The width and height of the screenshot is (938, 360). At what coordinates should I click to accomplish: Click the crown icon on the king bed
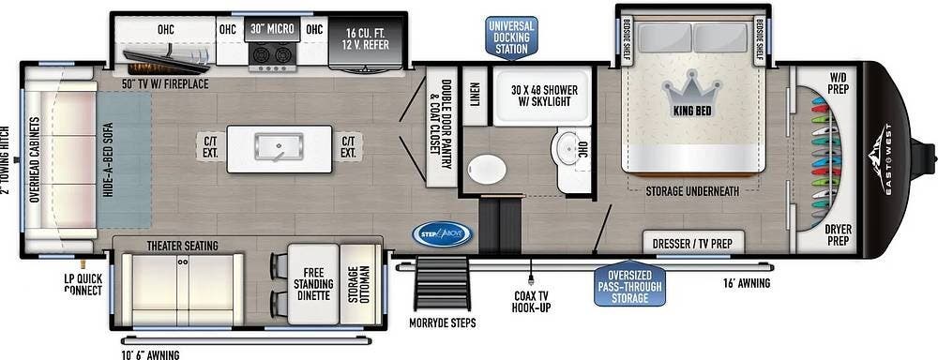pyautogui.click(x=691, y=89)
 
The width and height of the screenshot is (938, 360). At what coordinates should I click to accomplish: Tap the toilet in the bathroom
pyautogui.click(x=487, y=170)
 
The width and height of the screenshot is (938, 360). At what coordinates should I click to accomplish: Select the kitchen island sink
pyautogui.click(x=279, y=146)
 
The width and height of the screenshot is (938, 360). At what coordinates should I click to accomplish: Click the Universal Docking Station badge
pyautogui.click(x=512, y=37)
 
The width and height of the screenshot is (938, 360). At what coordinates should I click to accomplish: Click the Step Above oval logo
pyautogui.click(x=442, y=233)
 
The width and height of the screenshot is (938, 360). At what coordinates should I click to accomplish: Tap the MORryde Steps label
pyautogui.click(x=443, y=322)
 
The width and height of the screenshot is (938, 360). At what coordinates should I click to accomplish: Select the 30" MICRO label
pyautogui.click(x=272, y=29)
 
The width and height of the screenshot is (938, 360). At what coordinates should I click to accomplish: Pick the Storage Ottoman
pyautogui.click(x=361, y=285)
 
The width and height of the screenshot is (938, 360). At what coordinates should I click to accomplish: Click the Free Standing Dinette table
pyautogui.click(x=313, y=285)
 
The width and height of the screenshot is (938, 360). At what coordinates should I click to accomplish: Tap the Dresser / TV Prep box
pyautogui.click(x=694, y=244)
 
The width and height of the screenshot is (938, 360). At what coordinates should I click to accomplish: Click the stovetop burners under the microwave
pyautogui.click(x=272, y=56)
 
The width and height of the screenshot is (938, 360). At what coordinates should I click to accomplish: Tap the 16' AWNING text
pyautogui.click(x=746, y=283)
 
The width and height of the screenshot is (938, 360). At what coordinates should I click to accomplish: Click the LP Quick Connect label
pyautogui.click(x=83, y=284)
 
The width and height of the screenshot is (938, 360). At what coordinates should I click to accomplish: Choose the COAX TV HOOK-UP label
pyautogui.click(x=532, y=302)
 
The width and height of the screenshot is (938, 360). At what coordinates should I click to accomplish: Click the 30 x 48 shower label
pyautogui.click(x=544, y=96)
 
